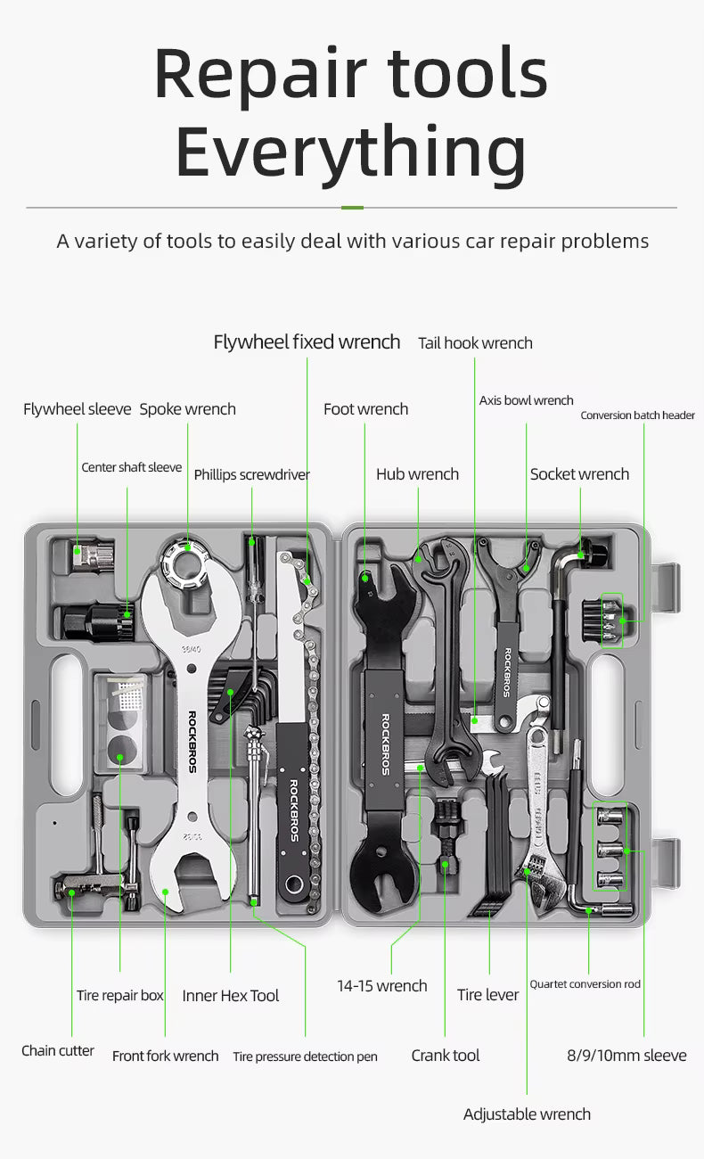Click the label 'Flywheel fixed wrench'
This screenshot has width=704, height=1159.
point(307,342)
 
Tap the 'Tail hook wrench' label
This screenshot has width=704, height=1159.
point(475,343)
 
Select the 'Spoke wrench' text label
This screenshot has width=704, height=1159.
point(187,409)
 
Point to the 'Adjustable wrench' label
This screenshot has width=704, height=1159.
point(527,1114)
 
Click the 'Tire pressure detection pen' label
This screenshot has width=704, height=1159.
point(305,1056)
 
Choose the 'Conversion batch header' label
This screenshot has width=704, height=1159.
point(637,415)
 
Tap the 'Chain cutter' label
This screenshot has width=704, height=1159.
point(58,1051)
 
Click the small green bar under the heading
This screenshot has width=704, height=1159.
point(352,208)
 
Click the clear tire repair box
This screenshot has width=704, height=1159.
point(119,722)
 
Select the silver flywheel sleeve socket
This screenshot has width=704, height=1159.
point(93,555)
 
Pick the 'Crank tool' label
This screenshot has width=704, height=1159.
point(445,1056)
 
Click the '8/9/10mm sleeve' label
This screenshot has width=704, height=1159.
point(626,1056)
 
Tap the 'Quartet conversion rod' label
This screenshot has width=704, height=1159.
point(585,984)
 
